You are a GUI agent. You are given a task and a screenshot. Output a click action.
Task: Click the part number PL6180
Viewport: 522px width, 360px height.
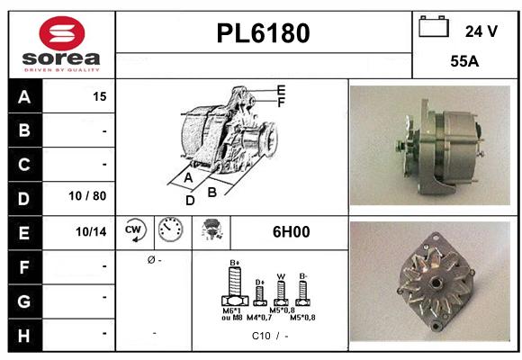(264, 33)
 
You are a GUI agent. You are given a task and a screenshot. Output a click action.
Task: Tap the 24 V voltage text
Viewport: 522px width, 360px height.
(481, 31)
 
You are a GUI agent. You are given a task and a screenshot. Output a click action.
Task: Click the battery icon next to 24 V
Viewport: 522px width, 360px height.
(435, 27)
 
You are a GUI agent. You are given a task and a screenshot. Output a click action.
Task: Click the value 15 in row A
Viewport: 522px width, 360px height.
(99, 97)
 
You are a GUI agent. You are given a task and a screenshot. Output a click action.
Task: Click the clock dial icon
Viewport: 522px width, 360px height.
(169, 230)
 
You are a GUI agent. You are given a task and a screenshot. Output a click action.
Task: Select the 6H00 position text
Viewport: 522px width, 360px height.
(290, 231)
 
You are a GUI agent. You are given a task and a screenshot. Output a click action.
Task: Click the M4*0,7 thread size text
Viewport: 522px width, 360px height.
(260, 318)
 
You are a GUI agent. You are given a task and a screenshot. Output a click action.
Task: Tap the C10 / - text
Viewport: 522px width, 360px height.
(270, 336)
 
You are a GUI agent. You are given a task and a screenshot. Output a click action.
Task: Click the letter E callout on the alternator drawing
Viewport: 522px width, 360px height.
(281, 88)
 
